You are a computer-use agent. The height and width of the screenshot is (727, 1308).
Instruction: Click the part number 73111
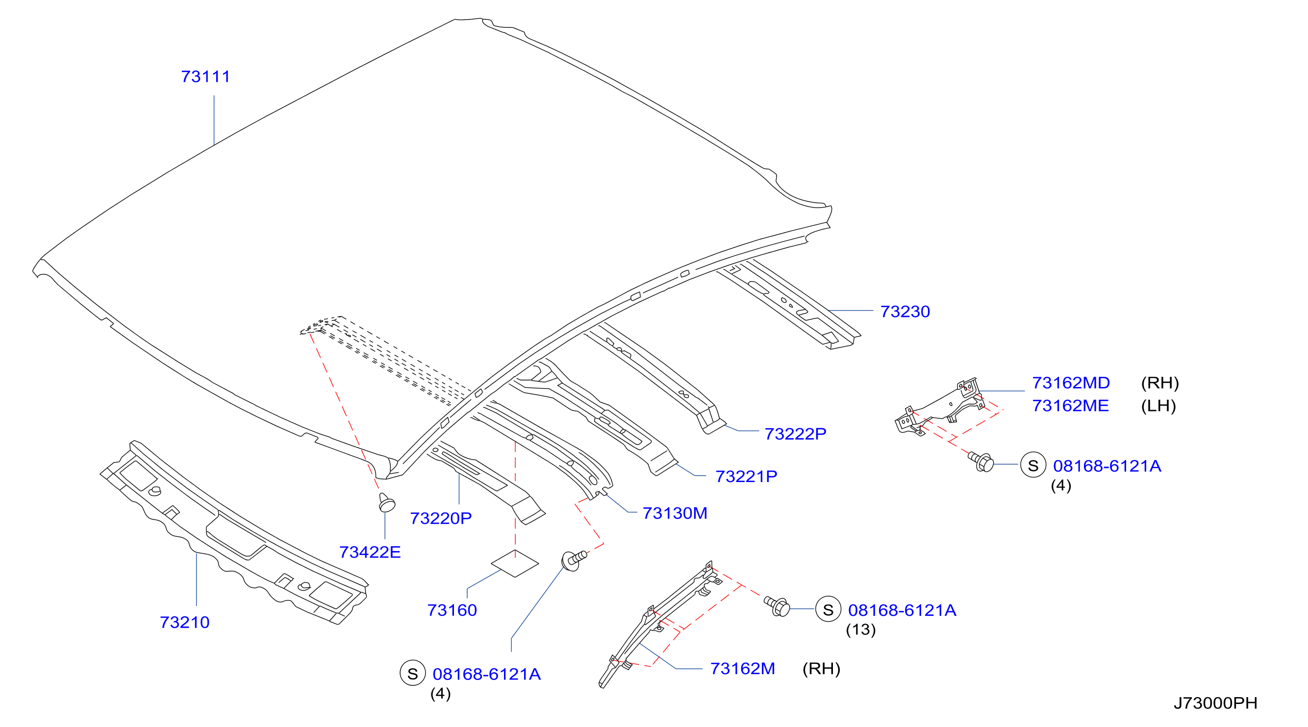pos(205,76)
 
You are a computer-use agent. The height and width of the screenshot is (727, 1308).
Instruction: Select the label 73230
pos(905,312)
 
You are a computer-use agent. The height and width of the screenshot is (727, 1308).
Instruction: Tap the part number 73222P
pos(795,434)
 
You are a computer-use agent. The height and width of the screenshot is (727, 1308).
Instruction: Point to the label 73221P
pos(746,476)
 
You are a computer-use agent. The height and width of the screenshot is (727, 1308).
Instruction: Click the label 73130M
pos(675,513)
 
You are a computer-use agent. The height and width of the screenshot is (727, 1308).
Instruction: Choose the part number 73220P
pos(441,518)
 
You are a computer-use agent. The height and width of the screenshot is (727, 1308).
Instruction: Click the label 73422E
pos(370,552)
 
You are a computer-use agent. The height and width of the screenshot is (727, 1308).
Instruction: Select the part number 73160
pos(452,610)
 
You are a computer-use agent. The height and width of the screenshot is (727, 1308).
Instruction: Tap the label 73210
pos(184,623)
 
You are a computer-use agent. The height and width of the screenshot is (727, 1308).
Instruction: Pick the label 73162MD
pos(1071,383)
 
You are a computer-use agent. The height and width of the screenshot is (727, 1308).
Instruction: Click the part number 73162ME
pos(1070,406)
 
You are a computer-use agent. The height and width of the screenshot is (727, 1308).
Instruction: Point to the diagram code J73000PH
pos(1216,703)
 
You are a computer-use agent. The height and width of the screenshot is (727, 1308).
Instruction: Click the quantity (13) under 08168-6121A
pos(861,630)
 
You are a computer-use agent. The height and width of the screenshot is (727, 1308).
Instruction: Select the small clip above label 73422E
pos(386,503)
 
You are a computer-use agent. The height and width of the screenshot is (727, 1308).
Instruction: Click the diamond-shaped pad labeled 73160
pos(515,564)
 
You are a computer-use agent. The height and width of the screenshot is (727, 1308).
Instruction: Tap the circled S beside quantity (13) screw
pos(828,609)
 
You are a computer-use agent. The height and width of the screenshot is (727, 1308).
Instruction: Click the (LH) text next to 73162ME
pos(1158,406)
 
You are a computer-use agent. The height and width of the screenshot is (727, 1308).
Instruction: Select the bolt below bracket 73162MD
pos(981,462)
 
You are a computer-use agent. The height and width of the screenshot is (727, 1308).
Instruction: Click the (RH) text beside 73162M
pos(821,669)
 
